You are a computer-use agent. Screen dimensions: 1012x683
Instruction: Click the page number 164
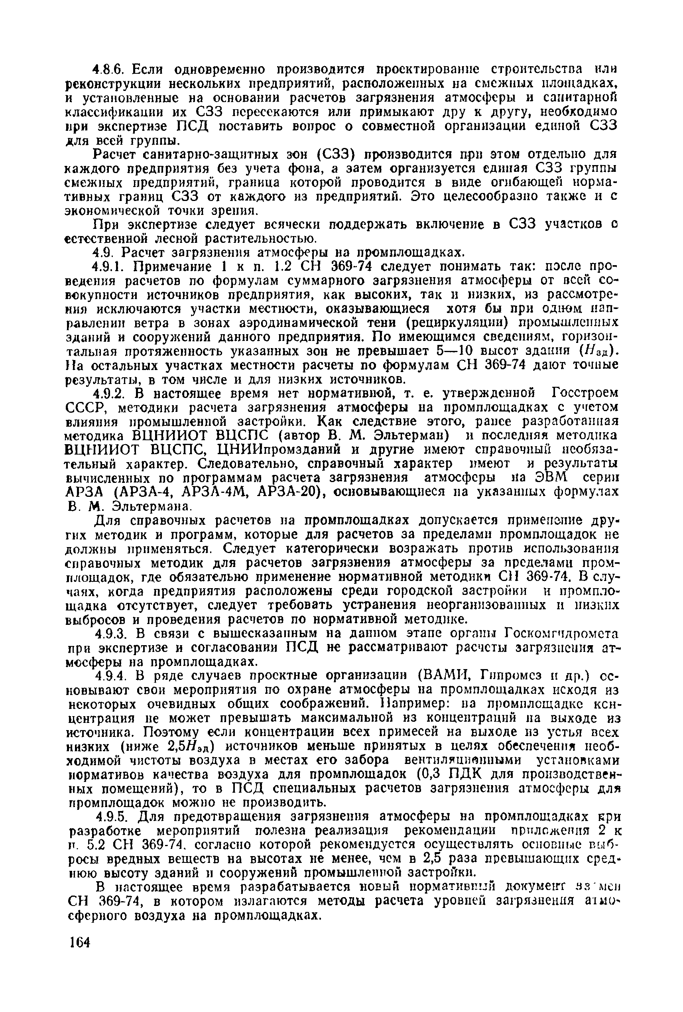tap(79, 943)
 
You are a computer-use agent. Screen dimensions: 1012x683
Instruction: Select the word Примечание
tap(167, 266)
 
